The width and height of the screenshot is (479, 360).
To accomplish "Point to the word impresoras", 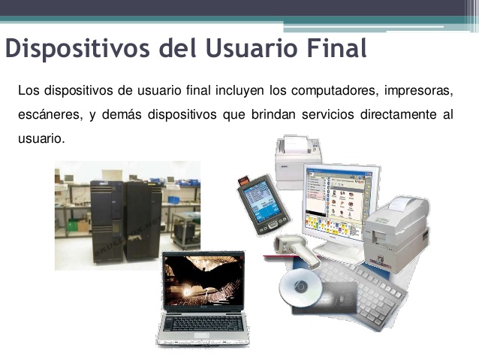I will click(x=418, y=92).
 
